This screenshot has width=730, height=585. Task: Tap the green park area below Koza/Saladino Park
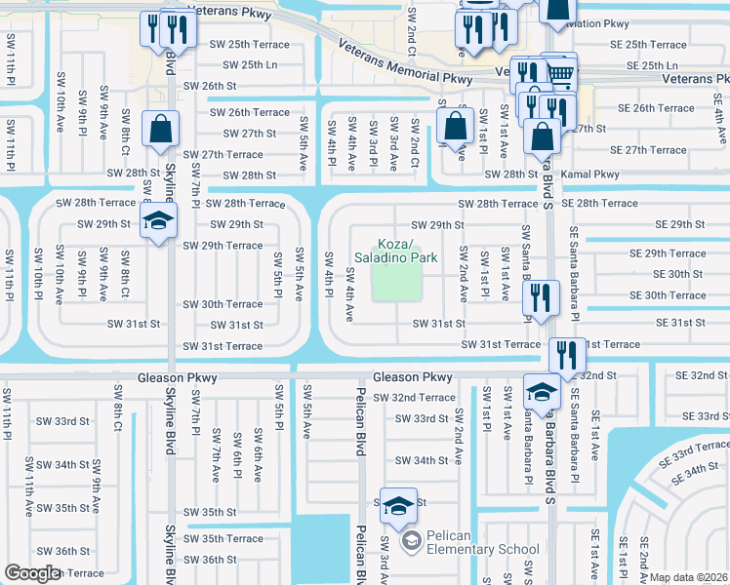tap(396, 284)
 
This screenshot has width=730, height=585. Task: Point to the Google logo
tap(32, 573)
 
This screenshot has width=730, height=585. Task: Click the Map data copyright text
tap(689, 577)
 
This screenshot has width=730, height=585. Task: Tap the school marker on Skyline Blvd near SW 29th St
tap(157, 220)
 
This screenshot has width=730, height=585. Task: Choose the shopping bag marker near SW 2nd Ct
tap(455, 125)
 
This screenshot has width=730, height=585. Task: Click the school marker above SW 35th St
tap(398, 505)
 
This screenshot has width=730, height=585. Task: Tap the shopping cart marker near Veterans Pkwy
tap(558, 70)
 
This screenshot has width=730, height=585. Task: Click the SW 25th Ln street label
tap(251, 65)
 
